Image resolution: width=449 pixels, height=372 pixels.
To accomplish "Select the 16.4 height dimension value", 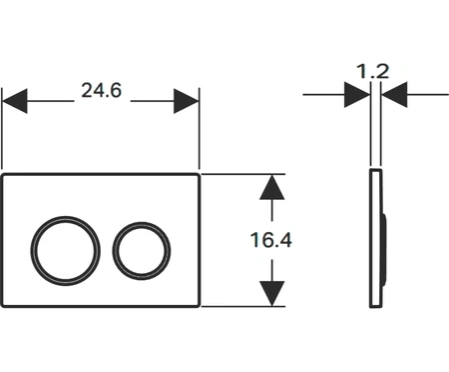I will [270, 240].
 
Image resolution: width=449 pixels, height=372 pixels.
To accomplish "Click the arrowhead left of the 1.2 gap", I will [357, 95].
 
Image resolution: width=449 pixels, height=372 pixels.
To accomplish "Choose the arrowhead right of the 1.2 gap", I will [393, 95].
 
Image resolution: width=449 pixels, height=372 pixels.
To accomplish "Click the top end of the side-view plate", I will [375, 172].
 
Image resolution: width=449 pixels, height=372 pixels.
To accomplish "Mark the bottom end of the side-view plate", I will [375, 306].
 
